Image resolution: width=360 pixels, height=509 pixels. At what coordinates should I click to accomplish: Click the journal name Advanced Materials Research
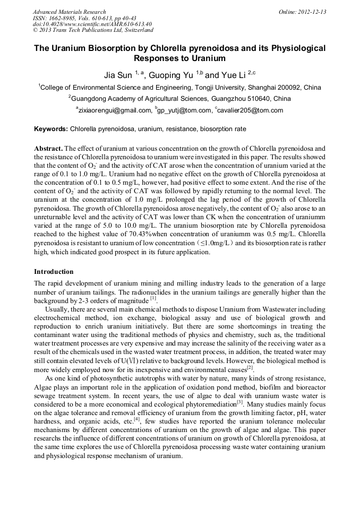69,12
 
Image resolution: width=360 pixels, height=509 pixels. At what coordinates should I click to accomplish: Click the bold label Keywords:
51,129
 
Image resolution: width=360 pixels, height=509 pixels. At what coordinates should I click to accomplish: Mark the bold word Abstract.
49,149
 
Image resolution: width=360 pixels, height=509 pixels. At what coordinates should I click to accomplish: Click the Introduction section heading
54,272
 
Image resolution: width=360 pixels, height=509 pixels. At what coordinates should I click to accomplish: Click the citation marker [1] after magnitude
153,299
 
